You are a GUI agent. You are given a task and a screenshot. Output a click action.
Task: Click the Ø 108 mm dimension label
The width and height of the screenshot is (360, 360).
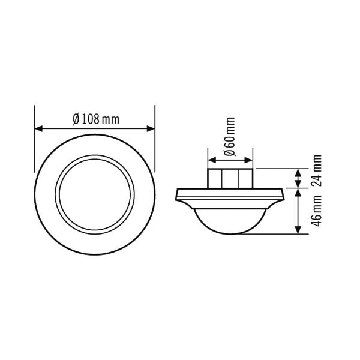point(95,119)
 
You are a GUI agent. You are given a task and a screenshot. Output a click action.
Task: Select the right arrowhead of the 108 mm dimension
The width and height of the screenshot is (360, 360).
point(151,128)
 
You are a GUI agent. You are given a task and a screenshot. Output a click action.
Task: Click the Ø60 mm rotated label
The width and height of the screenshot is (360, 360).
point(230,139)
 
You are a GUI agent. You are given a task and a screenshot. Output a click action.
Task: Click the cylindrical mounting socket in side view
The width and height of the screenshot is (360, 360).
point(230,178)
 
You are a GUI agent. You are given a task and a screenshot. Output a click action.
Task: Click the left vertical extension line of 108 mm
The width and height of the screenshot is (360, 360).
point(35,138)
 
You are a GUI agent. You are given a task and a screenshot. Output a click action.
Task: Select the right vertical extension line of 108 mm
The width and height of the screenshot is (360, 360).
point(155,138)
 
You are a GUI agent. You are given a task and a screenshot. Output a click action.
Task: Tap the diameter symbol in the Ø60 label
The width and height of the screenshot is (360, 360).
point(230,154)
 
